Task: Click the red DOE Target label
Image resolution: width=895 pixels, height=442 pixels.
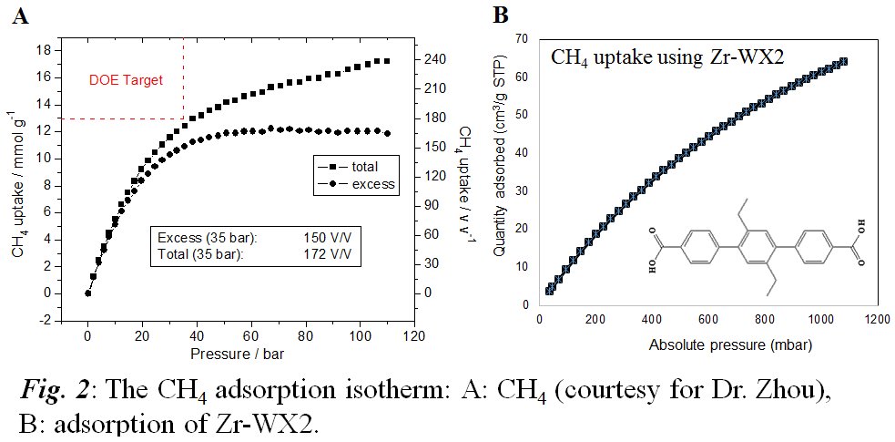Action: tap(126, 80)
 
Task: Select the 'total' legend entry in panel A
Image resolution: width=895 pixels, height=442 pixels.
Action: tap(362, 167)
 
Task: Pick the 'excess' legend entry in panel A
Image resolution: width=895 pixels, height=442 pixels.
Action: tap(371, 184)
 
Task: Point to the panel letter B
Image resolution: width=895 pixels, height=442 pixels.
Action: tap(500, 15)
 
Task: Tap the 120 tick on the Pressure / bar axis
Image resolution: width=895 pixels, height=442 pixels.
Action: tap(414, 334)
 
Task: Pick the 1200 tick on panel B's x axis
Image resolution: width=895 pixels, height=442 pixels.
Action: tap(876, 320)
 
